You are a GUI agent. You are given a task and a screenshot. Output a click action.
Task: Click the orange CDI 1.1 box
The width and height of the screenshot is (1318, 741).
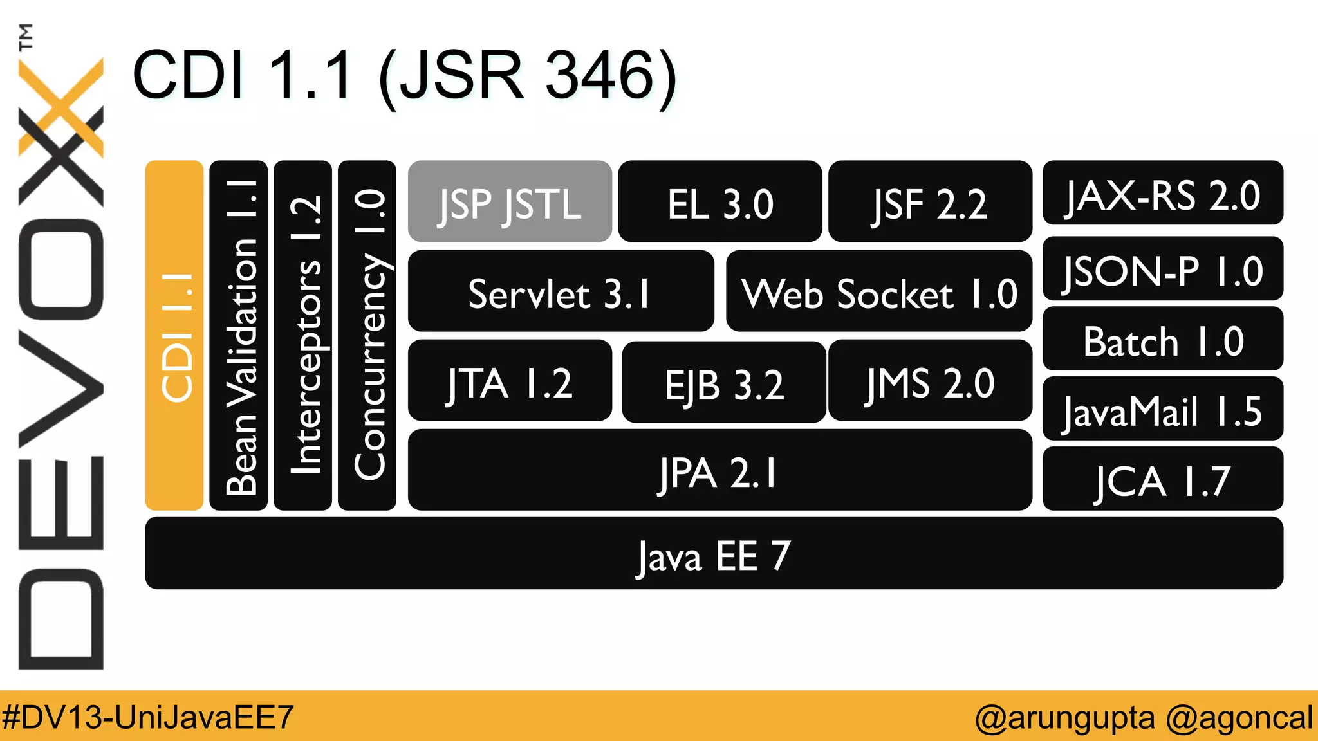174,335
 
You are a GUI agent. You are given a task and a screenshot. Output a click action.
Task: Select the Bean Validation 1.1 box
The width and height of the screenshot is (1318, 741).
239,335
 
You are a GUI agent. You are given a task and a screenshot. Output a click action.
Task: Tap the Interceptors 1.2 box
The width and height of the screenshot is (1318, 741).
302,335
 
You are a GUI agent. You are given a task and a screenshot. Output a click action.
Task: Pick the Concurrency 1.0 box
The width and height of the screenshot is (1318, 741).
367,335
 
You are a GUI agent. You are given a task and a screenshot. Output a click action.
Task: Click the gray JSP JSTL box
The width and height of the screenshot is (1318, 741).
510,202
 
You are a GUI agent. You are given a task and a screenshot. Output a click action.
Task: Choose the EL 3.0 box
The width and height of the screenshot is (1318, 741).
719,202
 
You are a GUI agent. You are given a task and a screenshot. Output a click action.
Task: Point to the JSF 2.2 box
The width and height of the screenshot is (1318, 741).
930,202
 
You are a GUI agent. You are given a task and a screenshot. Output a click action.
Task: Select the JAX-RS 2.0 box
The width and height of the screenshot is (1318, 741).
1162,193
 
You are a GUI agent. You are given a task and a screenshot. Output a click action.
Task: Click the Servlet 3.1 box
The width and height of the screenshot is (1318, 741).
561,291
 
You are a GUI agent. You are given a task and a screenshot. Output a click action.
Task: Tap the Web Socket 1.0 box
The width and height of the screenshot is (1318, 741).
878,291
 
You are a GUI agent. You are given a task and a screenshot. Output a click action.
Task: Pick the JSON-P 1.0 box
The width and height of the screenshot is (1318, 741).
1162,269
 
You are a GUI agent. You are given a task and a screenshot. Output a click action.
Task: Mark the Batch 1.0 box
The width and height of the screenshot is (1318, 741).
1162,339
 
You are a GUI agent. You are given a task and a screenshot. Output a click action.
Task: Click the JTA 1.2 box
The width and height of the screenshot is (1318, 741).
510,381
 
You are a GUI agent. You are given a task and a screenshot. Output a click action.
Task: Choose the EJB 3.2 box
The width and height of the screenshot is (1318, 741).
723,383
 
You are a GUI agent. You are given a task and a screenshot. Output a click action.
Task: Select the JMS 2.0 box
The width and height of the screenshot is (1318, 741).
930,381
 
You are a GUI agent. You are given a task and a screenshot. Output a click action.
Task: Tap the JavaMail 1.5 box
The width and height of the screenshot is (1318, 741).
1162,409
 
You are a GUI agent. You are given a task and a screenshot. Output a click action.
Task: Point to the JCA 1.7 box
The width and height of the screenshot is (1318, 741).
1162,479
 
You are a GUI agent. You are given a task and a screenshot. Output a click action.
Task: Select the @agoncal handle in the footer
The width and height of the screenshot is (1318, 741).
1239,717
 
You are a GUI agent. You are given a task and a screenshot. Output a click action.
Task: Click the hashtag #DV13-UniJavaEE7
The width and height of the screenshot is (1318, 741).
148,717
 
